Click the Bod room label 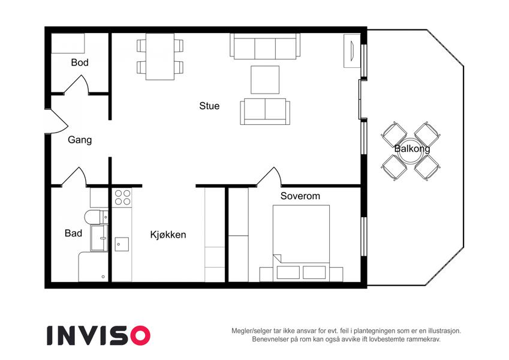click(x=80, y=62)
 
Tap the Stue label click(x=209, y=106)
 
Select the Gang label click(x=80, y=140)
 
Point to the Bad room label click(x=73, y=233)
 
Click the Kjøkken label click(x=168, y=235)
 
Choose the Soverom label click(x=300, y=196)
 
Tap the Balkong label click(x=412, y=149)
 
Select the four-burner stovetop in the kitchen click(x=122, y=197)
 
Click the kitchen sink click(x=122, y=244)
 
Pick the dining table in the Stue click(x=160, y=56)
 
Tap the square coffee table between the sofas click(x=265, y=80)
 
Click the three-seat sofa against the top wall click(x=265, y=46)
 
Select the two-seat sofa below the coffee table click(x=265, y=112)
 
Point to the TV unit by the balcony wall click(x=352, y=50)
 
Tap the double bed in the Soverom click(x=301, y=243)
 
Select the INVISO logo click(x=98, y=335)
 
